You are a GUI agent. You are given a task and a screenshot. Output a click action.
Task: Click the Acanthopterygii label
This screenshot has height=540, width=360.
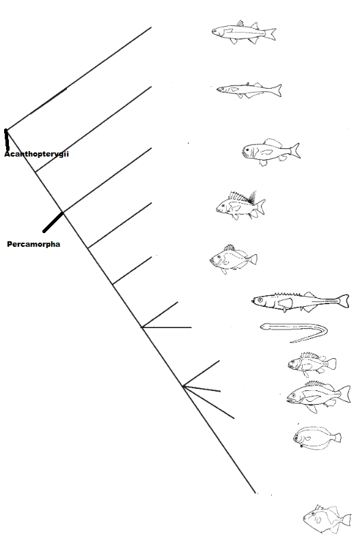(36, 154)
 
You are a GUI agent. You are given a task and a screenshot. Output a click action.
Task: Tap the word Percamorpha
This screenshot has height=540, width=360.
(33, 244)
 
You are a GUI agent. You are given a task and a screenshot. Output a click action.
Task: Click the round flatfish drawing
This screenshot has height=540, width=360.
(317, 438)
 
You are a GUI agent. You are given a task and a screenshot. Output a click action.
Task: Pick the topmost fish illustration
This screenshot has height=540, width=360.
(244, 32)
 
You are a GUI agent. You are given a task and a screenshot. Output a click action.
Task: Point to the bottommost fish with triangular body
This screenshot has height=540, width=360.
(327, 519)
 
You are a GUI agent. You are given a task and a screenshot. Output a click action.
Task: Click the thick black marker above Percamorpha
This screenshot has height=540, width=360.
(53, 222)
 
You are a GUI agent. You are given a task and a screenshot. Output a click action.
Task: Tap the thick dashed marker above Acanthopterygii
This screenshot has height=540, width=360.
(7, 139)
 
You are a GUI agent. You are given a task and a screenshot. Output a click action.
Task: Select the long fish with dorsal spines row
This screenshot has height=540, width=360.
(300, 302)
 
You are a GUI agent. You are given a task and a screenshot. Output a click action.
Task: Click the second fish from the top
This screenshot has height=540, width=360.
(249, 90)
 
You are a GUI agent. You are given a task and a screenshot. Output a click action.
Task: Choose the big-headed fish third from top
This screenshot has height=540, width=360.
(271, 152)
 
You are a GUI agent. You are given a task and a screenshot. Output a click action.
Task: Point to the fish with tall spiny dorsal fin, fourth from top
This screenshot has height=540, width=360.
(240, 206)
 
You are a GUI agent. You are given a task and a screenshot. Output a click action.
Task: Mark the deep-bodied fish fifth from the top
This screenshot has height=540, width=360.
(233, 259)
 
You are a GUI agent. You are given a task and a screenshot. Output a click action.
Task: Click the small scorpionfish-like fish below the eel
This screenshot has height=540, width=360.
(311, 364)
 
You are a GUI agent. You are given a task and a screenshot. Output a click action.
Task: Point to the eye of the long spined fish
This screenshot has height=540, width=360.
(260, 300)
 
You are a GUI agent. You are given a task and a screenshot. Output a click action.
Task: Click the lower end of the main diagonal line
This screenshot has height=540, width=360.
(255, 493)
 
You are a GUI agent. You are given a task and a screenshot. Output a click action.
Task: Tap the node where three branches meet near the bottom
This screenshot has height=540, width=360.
(183, 386)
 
